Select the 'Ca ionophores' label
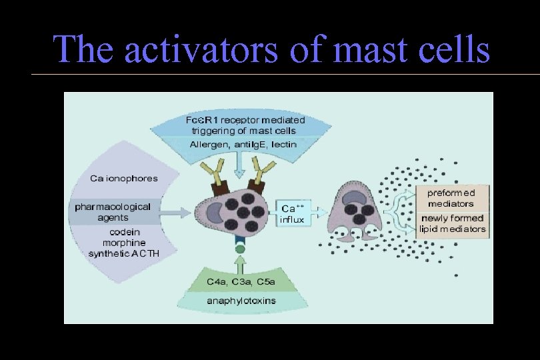pyautogui.click(x=123, y=179)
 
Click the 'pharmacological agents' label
pyautogui.click(x=113, y=212)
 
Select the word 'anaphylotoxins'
pyautogui.click(x=241, y=301)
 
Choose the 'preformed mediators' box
pyautogui.click(x=451, y=198)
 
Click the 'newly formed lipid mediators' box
pyautogui.click(x=453, y=223)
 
